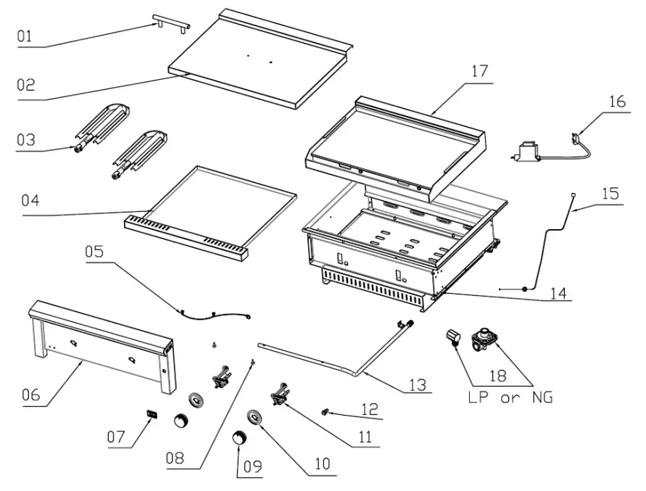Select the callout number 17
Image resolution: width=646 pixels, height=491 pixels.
point(479,72)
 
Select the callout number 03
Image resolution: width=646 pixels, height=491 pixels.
point(26,139)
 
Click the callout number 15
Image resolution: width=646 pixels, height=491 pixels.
point(610,194)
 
